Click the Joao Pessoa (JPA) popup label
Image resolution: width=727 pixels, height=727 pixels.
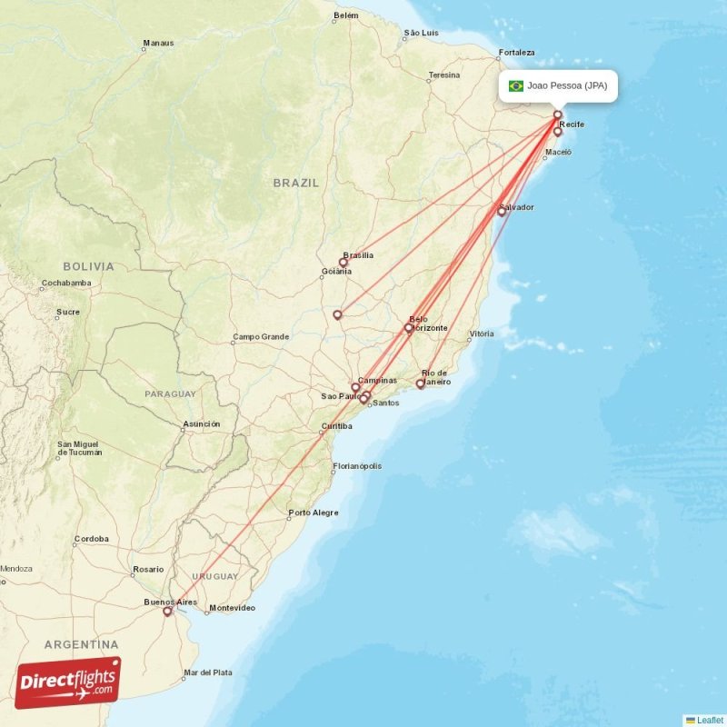click(x=567, y=86)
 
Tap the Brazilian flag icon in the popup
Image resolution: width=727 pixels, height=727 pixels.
click(x=516, y=86)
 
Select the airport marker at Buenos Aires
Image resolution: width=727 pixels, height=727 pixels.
click(x=167, y=612)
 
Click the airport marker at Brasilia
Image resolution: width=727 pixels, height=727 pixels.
click(x=344, y=263)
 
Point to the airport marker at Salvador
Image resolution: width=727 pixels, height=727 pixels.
click(x=501, y=212)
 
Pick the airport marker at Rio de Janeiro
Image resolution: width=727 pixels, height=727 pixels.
click(x=420, y=383)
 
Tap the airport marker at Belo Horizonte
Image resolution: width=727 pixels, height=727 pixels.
click(x=408, y=328)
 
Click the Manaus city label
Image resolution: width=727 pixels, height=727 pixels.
click(x=157, y=43)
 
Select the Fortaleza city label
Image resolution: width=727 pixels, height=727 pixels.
click(x=516, y=52)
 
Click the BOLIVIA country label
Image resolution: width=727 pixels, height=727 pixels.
click(x=89, y=266)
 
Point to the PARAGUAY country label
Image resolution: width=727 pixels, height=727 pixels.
click(x=170, y=393)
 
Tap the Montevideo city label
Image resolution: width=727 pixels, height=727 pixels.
click(x=232, y=608)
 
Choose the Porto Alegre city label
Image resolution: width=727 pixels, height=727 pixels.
click(x=314, y=513)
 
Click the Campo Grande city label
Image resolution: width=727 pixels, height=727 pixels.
click(x=261, y=336)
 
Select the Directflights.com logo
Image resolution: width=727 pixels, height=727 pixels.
click(x=68, y=682)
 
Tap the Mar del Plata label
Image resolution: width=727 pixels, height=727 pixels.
click(x=208, y=672)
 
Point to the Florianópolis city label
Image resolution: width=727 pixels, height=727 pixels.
click(x=357, y=466)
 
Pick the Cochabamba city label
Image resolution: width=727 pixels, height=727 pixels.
click(x=65, y=283)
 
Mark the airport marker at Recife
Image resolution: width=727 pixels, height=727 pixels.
click(x=558, y=132)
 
